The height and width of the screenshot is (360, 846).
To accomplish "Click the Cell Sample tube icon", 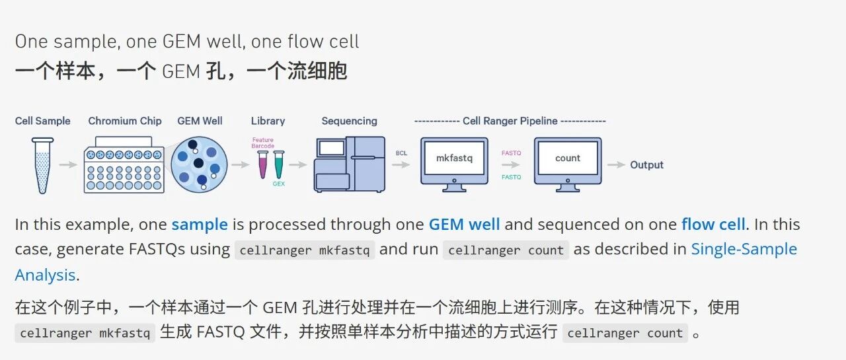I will (43, 164).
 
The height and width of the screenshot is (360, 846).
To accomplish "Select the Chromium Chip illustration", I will (124, 165).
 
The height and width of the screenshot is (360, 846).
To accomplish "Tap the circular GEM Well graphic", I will (200, 164).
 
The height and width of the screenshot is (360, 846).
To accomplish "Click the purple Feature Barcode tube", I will (262, 164).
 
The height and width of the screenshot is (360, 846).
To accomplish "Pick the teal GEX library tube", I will (279, 164).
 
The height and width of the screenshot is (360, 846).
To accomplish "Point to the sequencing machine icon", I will (349, 164).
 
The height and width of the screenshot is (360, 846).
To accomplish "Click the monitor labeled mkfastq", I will (454, 161).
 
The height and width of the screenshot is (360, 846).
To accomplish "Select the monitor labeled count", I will (568, 161).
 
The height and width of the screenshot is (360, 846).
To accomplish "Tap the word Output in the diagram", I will (646, 165).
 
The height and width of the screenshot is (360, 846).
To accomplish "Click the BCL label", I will (402, 153).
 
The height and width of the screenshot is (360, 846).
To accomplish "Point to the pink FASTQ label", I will (511, 153).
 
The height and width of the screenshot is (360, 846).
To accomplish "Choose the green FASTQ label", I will (511, 177).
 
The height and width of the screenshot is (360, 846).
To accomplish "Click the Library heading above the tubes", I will (268, 121).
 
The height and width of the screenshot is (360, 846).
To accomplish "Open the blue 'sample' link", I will (200, 225).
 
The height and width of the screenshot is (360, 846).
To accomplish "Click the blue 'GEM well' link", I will (464, 225).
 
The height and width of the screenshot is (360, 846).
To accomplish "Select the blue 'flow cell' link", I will (713, 225).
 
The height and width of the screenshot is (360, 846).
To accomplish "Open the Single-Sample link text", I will (744, 249).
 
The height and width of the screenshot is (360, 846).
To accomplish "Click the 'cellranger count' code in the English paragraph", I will (506, 250).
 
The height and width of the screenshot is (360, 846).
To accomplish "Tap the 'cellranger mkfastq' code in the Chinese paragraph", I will (85, 333).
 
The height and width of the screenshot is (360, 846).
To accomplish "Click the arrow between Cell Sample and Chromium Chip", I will (68, 164).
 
